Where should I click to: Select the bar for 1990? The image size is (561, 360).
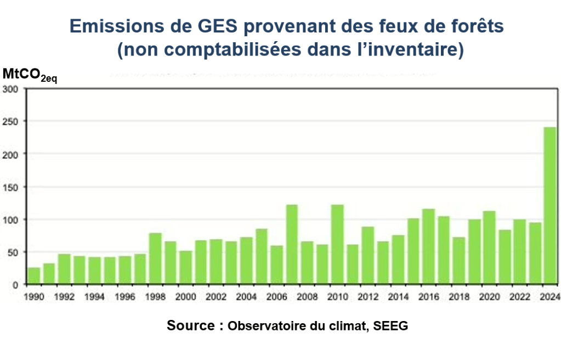point(34,276)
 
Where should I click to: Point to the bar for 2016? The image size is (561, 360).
point(428,247)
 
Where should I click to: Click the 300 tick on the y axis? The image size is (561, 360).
point(10,89)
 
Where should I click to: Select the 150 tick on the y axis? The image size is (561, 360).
point(10,187)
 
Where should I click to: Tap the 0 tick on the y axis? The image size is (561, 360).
point(16,285)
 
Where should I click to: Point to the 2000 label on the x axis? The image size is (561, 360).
point(186,297)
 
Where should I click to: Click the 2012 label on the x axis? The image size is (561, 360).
point(367,297)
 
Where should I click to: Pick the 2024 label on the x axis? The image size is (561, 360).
point(549,297)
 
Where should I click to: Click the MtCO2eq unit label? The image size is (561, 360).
point(30,75)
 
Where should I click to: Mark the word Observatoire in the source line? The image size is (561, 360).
point(264,326)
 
